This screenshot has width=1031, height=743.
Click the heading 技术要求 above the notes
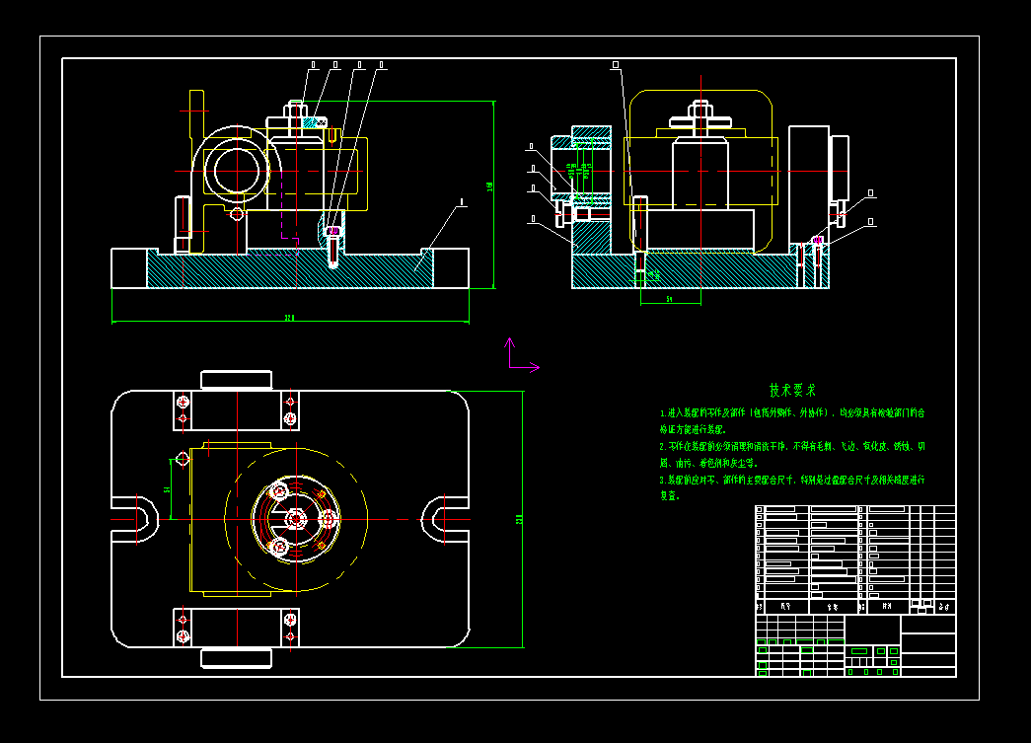792,391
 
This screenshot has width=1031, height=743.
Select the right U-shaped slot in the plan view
440,518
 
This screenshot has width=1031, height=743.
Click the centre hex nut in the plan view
297,518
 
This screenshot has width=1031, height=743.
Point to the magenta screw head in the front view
332,232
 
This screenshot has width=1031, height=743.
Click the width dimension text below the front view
290,318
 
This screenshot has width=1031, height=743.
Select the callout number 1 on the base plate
461,203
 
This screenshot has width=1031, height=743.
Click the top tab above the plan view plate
236,380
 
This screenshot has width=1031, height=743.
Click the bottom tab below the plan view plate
236,657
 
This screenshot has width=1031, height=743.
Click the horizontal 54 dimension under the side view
669,297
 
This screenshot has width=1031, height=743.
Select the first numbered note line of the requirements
792,413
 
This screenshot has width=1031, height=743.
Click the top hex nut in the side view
700,107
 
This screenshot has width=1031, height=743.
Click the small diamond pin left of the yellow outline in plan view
183,458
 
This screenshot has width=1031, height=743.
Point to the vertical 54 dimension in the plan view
168,488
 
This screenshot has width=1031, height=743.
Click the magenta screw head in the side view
818,239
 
